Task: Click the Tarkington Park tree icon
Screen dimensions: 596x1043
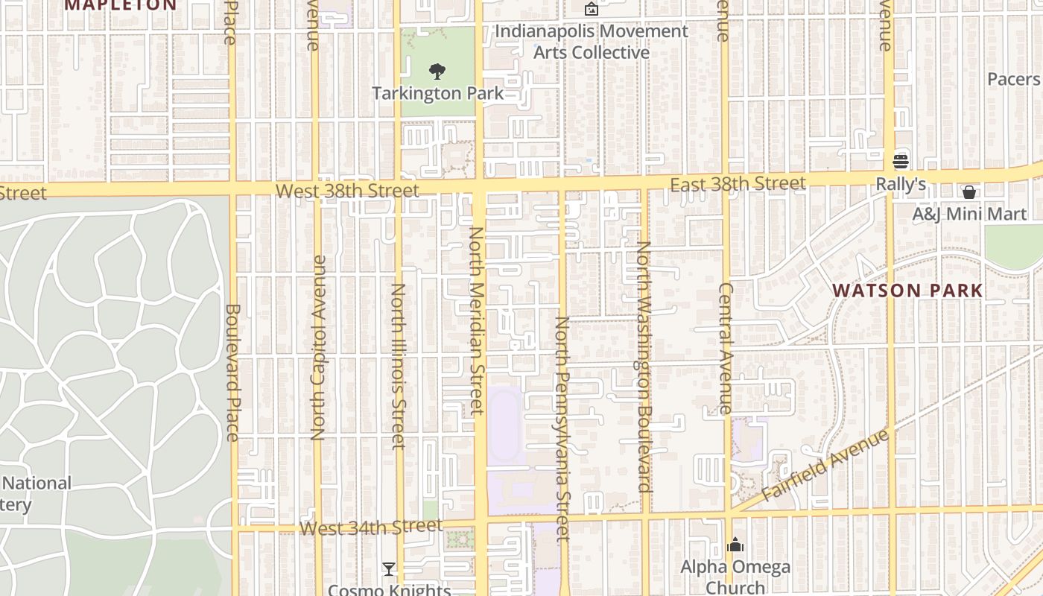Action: (x=437, y=72)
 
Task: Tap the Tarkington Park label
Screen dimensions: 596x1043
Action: (x=437, y=94)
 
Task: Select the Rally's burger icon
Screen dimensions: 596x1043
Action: (x=901, y=162)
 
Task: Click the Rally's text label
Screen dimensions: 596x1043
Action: (x=901, y=183)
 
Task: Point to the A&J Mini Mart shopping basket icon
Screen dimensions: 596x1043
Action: (x=969, y=192)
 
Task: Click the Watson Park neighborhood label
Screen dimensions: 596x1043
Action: (x=907, y=291)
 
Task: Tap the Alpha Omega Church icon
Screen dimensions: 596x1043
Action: (x=735, y=545)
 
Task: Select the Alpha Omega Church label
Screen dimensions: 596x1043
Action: (x=735, y=577)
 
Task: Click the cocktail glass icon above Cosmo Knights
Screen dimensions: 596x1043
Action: (x=388, y=569)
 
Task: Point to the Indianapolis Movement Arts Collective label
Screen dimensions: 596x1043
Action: (x=592, y=42)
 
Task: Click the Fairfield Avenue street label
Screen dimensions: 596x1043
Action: (x=825, y=466)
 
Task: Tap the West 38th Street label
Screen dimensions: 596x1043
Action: (x=347, y=191)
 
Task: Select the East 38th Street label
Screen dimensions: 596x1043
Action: (x=738, y=184)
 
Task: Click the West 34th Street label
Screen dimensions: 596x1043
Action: (x=371, y=528)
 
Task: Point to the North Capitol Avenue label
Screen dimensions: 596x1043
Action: (x=319, y=347)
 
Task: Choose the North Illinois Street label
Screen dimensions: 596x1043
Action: (x=399, y=366)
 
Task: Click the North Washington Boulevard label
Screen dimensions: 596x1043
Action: (x=644, y=366)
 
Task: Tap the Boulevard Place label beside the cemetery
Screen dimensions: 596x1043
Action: (x=232, y=372)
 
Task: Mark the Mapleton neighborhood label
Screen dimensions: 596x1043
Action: (x=120, y=5)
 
